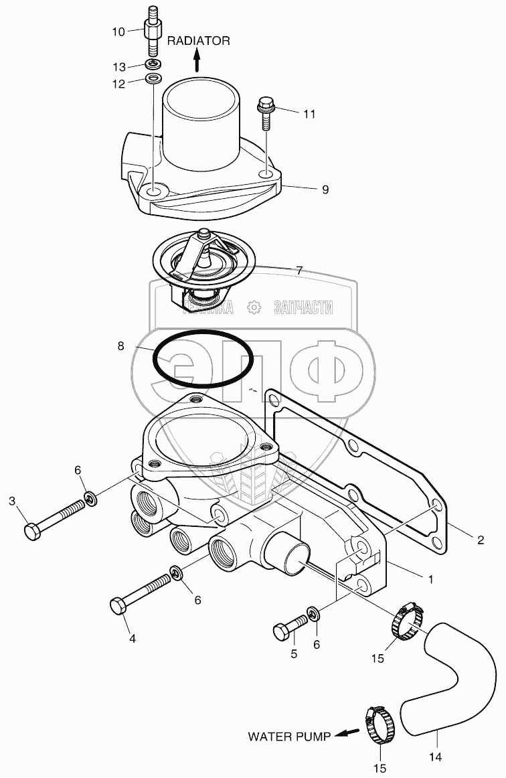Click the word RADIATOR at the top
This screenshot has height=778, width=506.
198,41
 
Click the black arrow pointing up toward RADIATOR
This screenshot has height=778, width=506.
197,62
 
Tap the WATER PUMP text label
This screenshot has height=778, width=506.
289,737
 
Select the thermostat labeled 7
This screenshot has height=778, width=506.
202,264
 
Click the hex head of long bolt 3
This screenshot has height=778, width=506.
32,532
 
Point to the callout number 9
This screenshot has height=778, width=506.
325,190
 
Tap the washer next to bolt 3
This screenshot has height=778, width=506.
90,498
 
